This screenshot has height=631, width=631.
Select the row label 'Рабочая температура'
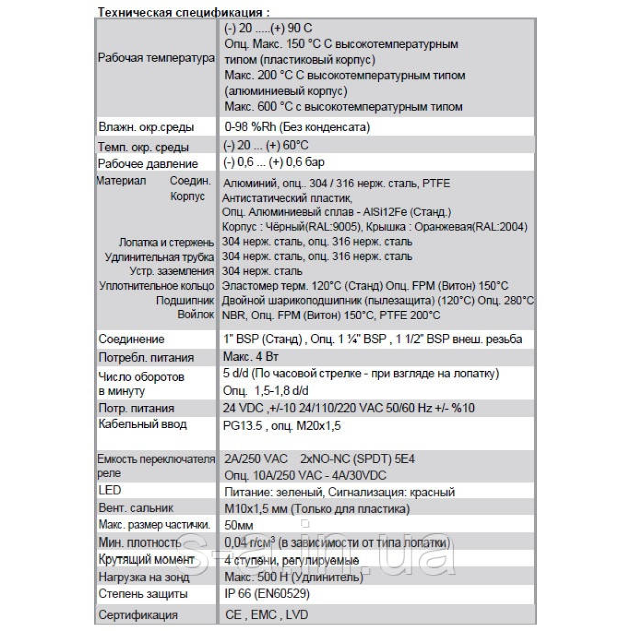(x=156, y=58)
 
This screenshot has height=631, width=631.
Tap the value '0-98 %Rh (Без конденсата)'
(x=297, y=127)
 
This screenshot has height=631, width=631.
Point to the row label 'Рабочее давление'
(x=148, y=164)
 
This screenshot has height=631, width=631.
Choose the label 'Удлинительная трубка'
(x=159, y=257)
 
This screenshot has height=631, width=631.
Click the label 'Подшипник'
(x=185, y=301)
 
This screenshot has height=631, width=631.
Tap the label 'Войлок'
(x=196, y=314)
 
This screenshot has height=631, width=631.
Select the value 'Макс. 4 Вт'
(x=251, y=357)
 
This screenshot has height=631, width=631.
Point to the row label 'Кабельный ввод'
(x=143, y=424)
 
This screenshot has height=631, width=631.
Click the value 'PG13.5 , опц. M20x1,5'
(x=282, y=425)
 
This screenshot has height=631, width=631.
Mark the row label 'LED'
(x=109, y=490)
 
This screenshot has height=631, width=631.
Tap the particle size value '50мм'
(x=239, y=525)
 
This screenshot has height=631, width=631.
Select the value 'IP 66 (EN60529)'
(x=267, y=594)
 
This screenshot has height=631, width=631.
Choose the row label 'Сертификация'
(x=138, y=615)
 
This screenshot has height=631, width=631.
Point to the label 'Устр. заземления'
(x=172, y=271)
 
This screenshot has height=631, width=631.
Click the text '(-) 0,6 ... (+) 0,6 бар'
(x=274, y=162)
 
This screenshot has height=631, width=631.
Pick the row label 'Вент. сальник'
(x=136, y=508)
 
